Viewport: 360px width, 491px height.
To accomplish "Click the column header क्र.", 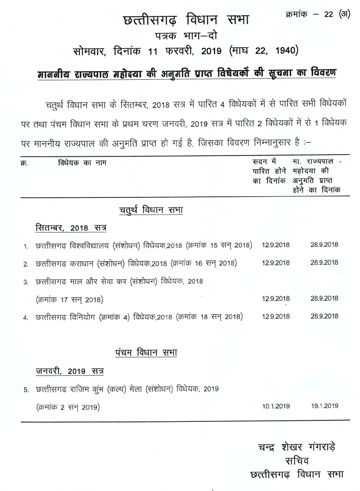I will pos(24,163).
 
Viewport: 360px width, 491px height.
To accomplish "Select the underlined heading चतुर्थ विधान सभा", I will pos(151,210).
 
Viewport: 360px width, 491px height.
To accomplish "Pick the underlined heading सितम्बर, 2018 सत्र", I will pos(71,227).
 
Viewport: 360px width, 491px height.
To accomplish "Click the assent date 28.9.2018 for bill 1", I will pos(324,245).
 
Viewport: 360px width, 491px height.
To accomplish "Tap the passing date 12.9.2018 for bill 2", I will pos(276,263).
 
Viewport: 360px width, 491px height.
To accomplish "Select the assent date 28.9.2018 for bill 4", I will pos(324,316).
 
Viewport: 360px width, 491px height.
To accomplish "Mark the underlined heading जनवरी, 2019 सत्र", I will pos(69,371).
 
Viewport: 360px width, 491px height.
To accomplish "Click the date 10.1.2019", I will pos(276,406).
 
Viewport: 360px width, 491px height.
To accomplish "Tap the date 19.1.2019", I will pos(324,406).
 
